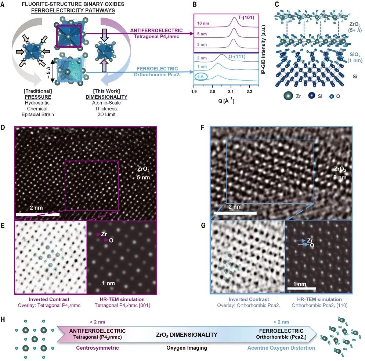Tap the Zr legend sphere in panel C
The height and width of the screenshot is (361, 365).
pos(289,96)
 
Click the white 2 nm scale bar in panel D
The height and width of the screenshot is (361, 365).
pos(38,214)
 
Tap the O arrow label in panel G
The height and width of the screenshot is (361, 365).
pos(312,245)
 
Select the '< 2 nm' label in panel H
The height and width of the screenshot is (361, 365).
pos(282,322)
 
